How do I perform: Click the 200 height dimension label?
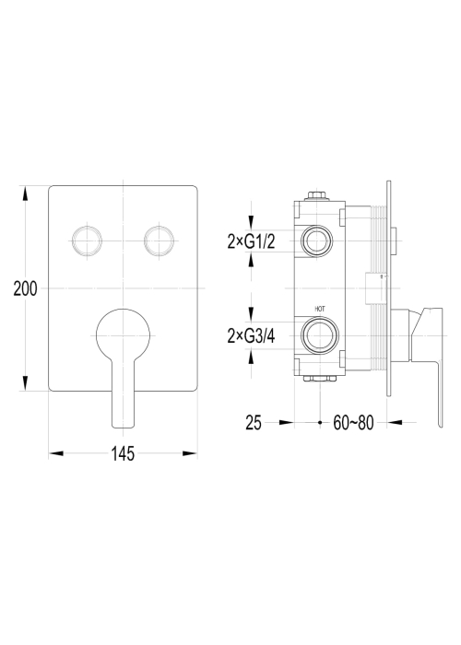(x=25, y=288)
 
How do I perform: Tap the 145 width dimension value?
(x=123, y=453)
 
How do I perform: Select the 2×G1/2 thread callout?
(x=251, y=241)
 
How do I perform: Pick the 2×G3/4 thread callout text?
(x=251, y=336)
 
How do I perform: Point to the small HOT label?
(x=320, y=309)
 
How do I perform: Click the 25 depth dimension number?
(x=254, y=422)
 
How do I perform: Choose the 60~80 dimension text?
(x=353, y=422)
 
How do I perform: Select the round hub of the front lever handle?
(x=123, y=335)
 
